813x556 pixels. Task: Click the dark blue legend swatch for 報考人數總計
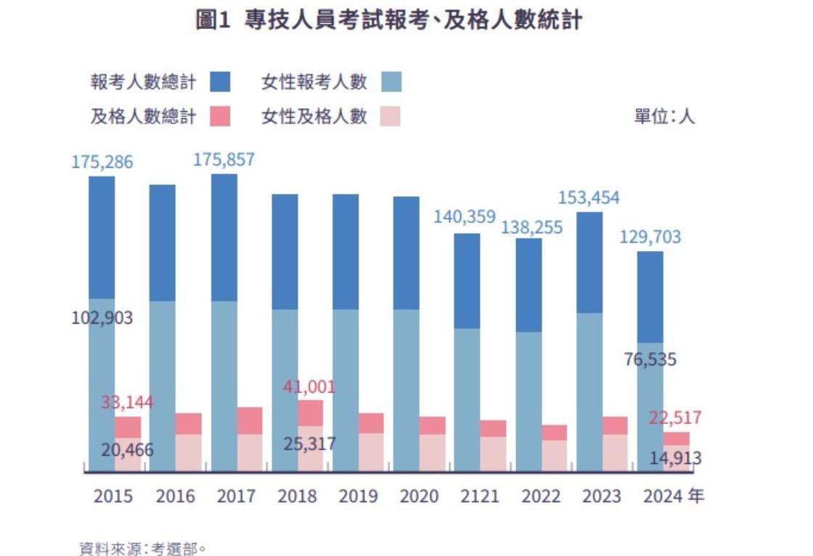pos(220,81)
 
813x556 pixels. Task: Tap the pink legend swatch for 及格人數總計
pos(220,116)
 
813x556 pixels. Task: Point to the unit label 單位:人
pos(664,116)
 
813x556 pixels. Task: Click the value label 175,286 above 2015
pos(102,162)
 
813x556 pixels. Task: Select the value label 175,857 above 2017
pos(224,160)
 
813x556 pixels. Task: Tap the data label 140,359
pos(464,216)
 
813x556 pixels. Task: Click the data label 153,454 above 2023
pos(589,198)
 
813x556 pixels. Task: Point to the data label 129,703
pos(650,237)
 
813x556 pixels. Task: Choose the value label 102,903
pos(102,318)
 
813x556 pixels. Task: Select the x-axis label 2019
pos(357,496)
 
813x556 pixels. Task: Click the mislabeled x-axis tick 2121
pos(479,496)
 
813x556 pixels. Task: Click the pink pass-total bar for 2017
pos(250,420)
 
